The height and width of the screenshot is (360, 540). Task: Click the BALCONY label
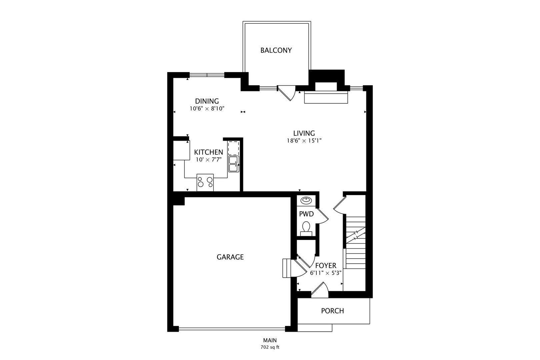276,50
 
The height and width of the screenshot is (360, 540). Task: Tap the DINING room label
207,101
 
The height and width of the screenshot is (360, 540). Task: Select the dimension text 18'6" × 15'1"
304,141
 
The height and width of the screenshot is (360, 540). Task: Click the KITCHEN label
209,152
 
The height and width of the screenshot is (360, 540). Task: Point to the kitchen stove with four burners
205,182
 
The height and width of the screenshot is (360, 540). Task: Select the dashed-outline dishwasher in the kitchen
233,147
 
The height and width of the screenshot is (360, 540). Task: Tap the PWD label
306,214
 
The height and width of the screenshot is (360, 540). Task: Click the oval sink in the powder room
306,200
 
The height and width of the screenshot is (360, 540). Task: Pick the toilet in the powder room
306,228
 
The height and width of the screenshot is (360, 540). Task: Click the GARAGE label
230,257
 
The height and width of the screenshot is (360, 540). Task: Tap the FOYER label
326,266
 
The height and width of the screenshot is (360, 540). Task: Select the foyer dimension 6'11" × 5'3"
326,273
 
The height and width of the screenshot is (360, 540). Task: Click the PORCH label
332,311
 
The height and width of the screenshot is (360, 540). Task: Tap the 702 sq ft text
270,347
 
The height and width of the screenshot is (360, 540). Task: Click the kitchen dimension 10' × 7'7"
209,160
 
